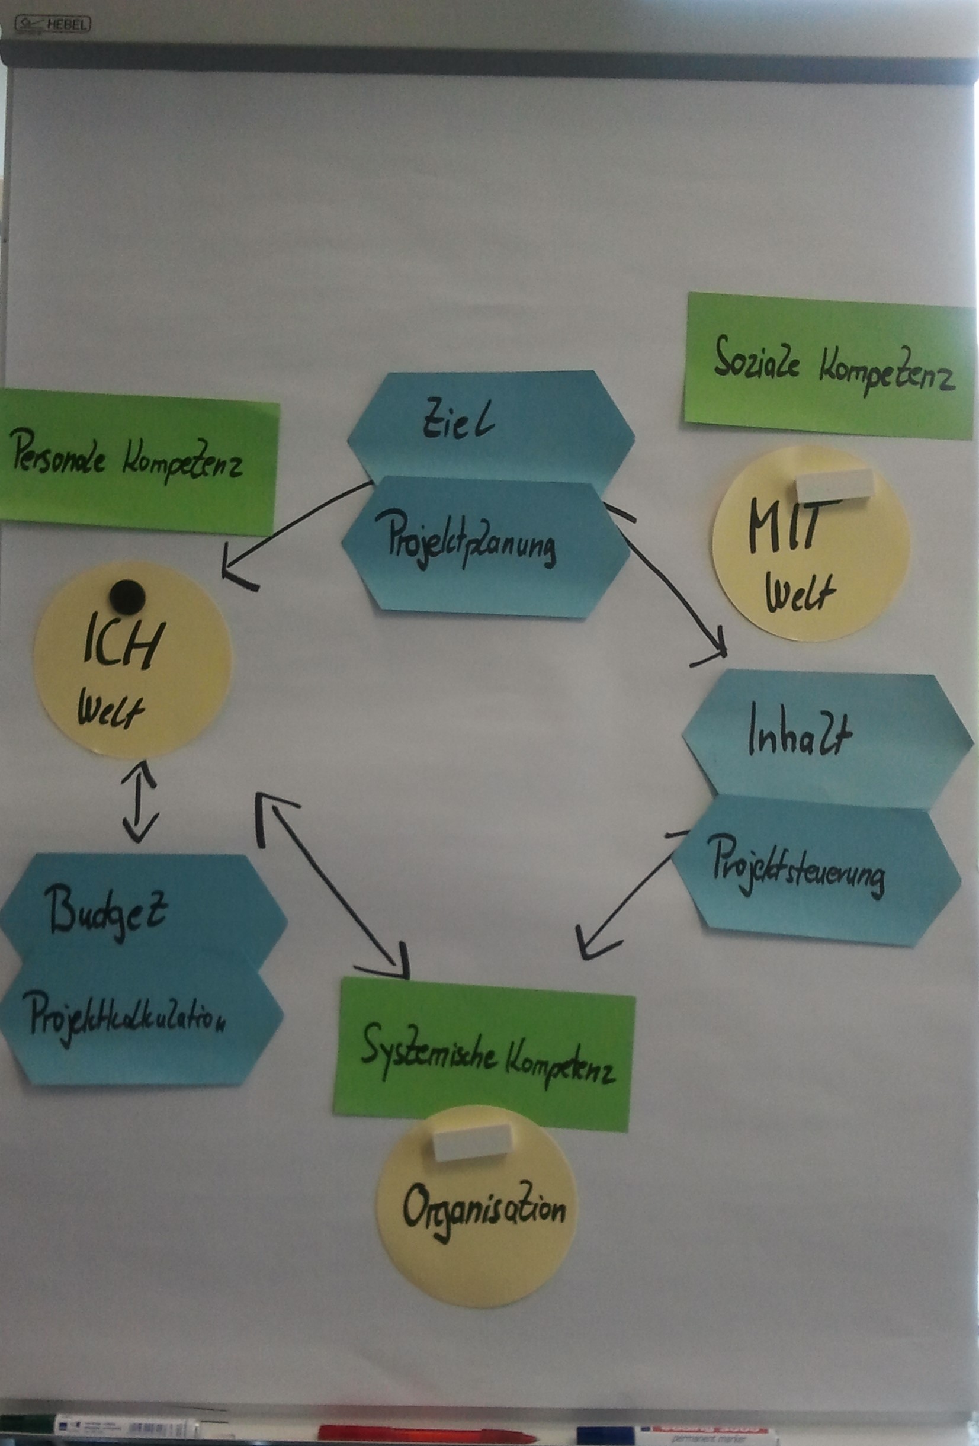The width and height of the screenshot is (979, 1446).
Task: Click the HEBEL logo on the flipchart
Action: (x=53, y=25)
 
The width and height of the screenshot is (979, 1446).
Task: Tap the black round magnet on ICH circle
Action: (x=127, y=597)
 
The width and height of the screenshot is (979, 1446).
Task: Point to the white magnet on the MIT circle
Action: (x=834, y=485)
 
